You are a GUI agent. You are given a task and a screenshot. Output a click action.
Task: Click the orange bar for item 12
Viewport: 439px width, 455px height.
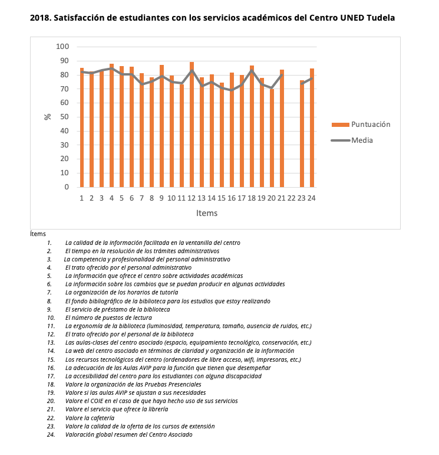click(192, 125)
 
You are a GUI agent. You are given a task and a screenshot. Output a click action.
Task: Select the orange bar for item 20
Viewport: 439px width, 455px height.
click(272, 138)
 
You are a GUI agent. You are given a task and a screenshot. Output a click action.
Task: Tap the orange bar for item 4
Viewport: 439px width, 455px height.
click(111, 125)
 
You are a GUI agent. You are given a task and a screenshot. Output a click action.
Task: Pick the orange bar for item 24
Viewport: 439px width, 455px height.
click(312, 127)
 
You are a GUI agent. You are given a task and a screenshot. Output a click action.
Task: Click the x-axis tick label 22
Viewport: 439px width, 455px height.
click(292, 198)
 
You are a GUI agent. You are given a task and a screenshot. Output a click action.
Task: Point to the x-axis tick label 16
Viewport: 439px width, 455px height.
click(232, 198)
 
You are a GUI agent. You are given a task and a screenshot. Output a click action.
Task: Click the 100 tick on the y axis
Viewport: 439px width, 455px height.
click(62, 47)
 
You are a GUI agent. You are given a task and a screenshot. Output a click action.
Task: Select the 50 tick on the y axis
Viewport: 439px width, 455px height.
click(65, 117)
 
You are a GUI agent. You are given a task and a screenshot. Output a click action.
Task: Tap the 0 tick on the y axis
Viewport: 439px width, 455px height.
click(67, 187)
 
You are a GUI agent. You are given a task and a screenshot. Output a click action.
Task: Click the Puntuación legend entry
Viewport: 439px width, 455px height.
click(361, 125)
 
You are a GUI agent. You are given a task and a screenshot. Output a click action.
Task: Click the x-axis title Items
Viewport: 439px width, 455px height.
click(207, 213)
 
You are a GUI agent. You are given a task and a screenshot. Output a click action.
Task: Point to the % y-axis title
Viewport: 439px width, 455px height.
click(47, 117)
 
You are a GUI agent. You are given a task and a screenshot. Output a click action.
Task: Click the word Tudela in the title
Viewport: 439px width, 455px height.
click(381, 18)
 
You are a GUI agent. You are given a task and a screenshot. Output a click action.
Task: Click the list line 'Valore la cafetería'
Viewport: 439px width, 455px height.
click(90, 418)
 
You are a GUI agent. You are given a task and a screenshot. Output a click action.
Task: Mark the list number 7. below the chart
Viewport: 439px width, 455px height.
click(49, 293)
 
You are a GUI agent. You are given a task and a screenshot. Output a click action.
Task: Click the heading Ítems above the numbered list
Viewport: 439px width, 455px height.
click(38, 234)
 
